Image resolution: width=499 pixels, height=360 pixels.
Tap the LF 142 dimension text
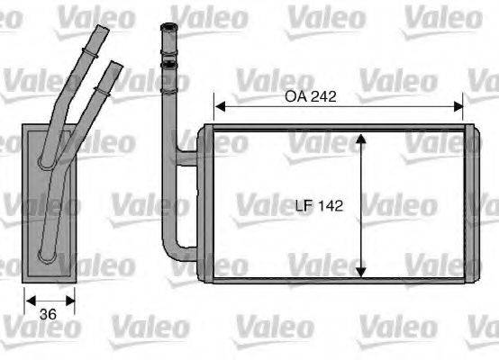pyautogui.click(x=320, y=206)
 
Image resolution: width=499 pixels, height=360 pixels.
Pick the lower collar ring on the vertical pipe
pyautogui.click(x=168, y=64)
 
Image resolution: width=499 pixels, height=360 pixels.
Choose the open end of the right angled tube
pyautogui.click(x=113, y=66)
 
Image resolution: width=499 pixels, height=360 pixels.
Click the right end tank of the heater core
pyautogui.click(x=471, y=205)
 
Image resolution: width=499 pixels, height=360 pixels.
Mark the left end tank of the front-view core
pyautogui.click(x=206, y=205)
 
